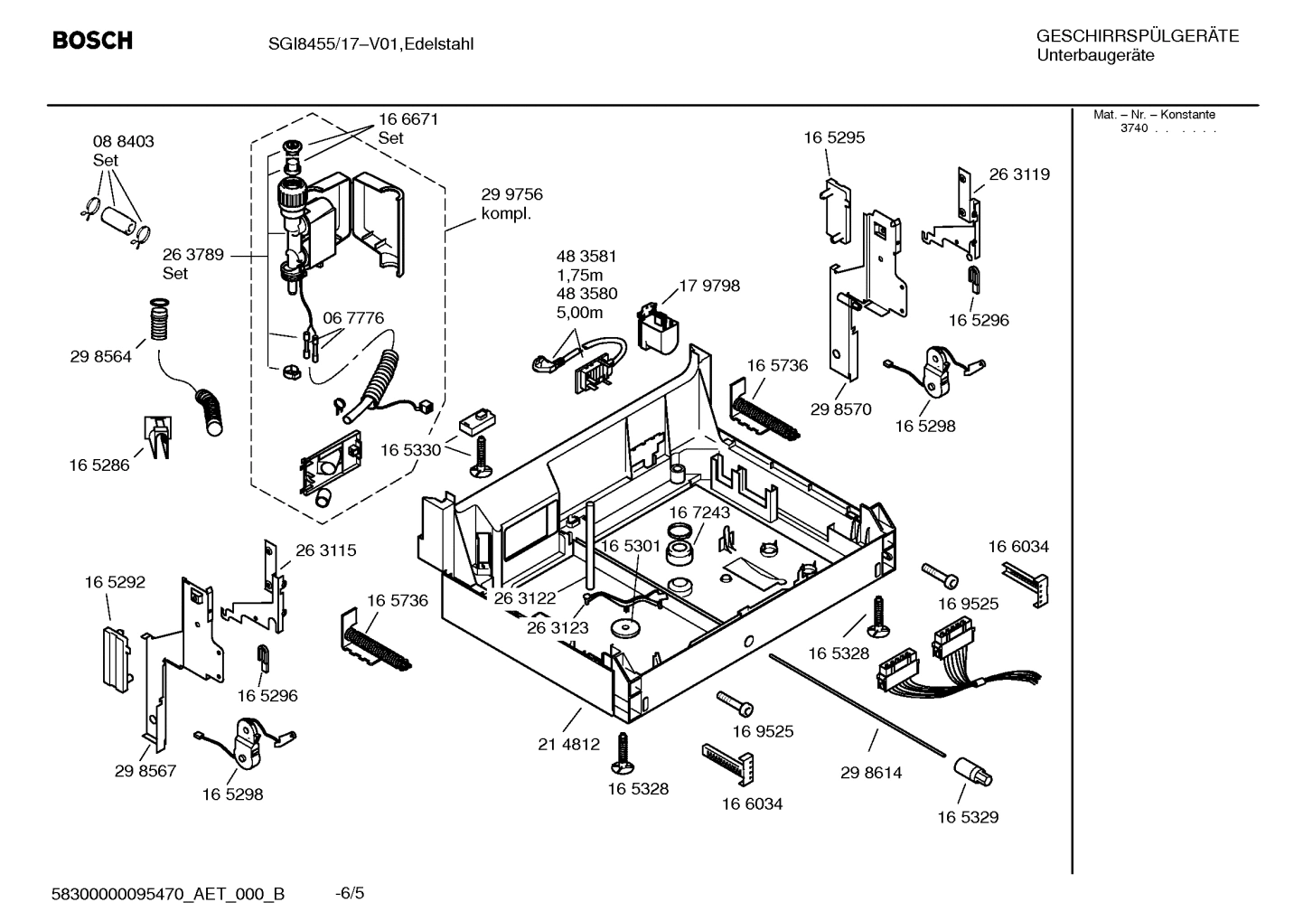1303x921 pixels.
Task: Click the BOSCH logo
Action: [92, 41]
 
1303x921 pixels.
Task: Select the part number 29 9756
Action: [511, 195]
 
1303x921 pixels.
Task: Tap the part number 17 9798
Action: [708, 286]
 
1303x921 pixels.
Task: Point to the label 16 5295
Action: [834, 137]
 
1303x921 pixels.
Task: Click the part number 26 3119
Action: [1019, 174]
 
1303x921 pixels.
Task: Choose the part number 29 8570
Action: [840, 409]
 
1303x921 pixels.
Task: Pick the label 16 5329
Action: [968, 817]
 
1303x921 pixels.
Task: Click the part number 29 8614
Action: [871, 773]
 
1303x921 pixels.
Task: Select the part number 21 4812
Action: [568, 745]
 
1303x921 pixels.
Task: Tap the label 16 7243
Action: [699, 512]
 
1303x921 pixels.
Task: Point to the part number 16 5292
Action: [115, 583]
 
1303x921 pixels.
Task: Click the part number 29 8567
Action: [145, 771]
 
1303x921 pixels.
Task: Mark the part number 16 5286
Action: [99, 465]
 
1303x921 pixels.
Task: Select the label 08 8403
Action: [123, 142]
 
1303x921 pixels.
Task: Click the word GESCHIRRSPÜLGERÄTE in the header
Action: [1137, 36]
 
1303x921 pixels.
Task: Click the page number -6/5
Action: [349, 893]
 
